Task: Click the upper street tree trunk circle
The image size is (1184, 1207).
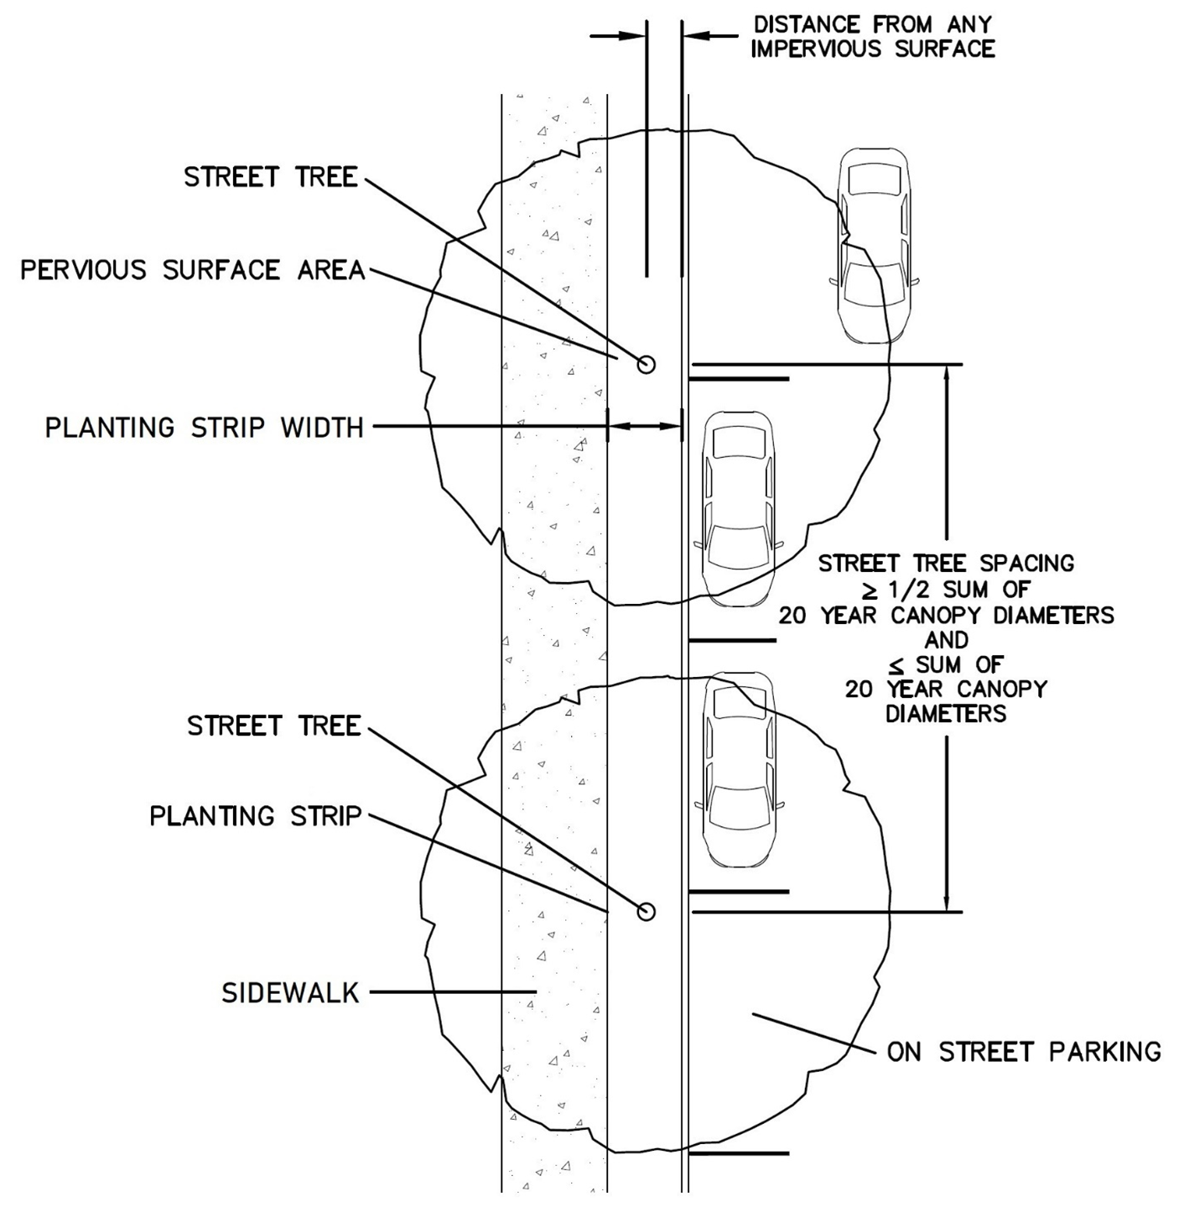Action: pyautogui.click(x=646, y=364)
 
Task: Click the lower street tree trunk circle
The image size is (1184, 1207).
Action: pyautogui.click(x=646, y=911)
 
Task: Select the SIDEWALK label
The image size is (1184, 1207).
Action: pyautogui.click(x=290, y=993)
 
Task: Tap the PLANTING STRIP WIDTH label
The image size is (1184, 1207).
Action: pyautogui.click(x=204, y=428)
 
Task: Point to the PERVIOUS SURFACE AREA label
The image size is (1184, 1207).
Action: pyautogui.click(x=193, y=270)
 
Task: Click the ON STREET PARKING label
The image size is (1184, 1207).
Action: pyautogui.click(x=1024, y=1052)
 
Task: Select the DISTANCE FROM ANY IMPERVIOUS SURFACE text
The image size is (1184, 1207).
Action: pyautogui.click(x=873, y=37)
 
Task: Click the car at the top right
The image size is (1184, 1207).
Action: pyautogui.click(x=875, y=245)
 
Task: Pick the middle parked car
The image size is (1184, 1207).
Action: pyautogui.click(x=738, y=508)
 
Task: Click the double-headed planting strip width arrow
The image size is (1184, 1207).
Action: pyautogui.click(x=644, y=427)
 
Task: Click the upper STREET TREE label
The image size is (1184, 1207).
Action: pyautogui.click(x=270, y=178)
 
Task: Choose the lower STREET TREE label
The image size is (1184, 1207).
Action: pyautogui.click(x=273, y=726)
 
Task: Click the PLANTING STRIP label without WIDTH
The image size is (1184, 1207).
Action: pyautogui.click(x=255, y=816)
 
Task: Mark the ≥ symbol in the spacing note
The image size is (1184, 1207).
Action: pyautogui.click(x=872, y=590)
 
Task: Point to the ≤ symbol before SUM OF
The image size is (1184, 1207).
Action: pyautogui.click(x=897, y=665)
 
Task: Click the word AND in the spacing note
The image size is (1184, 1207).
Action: pyautogui.click(x=946, y=640)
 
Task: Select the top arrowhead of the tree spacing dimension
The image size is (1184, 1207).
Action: pyautogui.click(x=947, y=372)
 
